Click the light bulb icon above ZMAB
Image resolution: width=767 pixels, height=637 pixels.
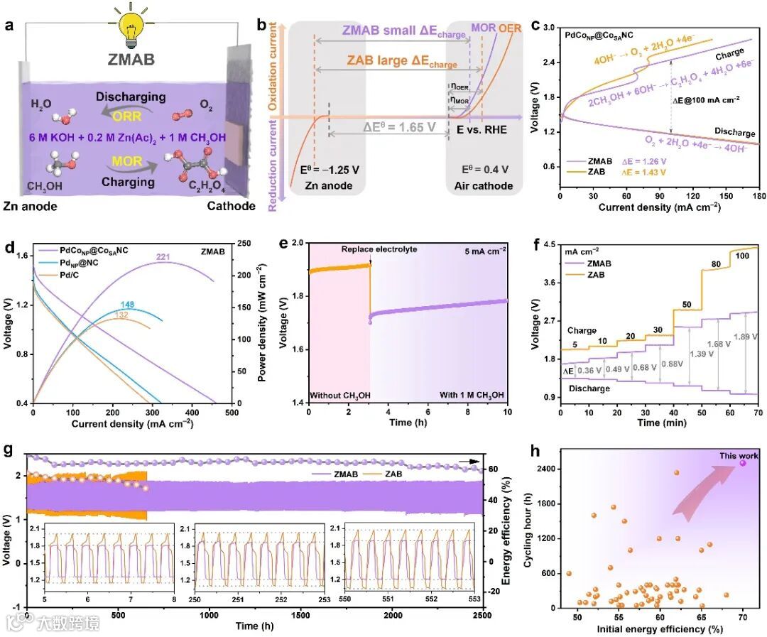132,26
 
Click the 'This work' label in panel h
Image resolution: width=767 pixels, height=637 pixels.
739,456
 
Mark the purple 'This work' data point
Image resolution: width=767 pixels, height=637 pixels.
743,463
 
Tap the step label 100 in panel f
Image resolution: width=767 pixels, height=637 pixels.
743,255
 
